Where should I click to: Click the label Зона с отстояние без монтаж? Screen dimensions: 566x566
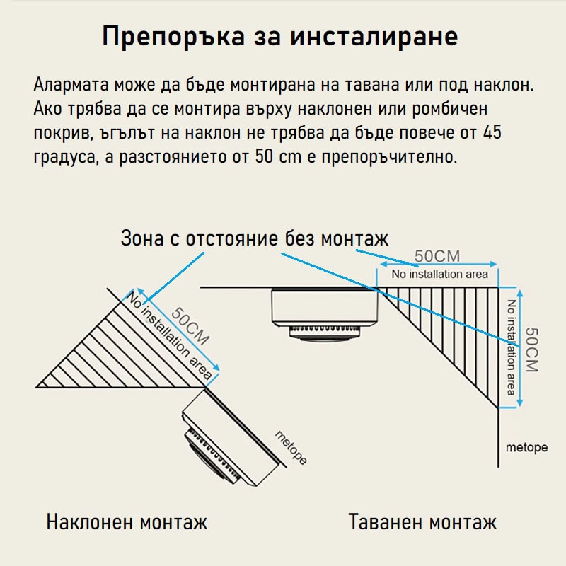[255, 238]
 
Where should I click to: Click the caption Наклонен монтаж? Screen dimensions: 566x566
[127, 523]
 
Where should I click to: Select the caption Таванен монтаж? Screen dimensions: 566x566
[422, 523]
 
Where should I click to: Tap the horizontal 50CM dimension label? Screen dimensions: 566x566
[437, 256]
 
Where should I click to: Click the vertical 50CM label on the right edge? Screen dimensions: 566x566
[532, 349]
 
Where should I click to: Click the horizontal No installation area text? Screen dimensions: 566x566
[439, 274]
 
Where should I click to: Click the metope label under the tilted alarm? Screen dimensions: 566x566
[290, 447]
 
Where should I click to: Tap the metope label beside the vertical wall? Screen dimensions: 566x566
[527, 448]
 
